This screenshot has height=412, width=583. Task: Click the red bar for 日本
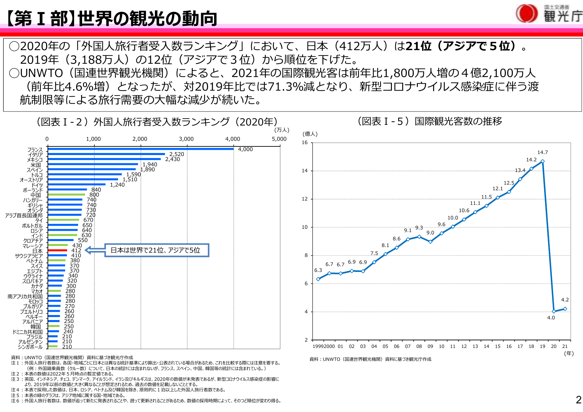(x=58, y=250)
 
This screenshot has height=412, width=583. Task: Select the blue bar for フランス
(x=141, y=149)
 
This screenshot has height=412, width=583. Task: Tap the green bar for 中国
(x=66, y=195)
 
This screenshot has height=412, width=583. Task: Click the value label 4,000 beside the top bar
(x=245, y=149)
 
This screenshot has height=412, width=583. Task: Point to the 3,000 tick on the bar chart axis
(x=186, y=139)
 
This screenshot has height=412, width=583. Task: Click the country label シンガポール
(x=30, y=347)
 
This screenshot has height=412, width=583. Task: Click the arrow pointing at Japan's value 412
(x=95, y=250)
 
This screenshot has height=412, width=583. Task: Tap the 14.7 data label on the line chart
(x=542, y=152)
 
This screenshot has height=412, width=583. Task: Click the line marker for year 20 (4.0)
(x=554, y=311)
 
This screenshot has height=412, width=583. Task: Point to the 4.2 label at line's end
(x=565, y=300)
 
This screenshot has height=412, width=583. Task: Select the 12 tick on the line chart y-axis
(x=304, y=199)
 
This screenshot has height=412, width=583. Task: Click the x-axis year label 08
(x=419, y=346)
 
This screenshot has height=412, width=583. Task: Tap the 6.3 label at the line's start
(x=318, y=270)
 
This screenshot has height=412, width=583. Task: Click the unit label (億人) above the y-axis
(x=310, y=134)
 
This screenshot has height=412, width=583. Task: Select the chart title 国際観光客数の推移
(x=458, y=122)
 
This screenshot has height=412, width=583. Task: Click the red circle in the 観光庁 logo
(x=526, y=14)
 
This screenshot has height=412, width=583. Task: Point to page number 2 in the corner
(x=578, y=400)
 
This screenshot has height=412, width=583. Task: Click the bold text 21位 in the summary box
(x=418, y=46)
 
